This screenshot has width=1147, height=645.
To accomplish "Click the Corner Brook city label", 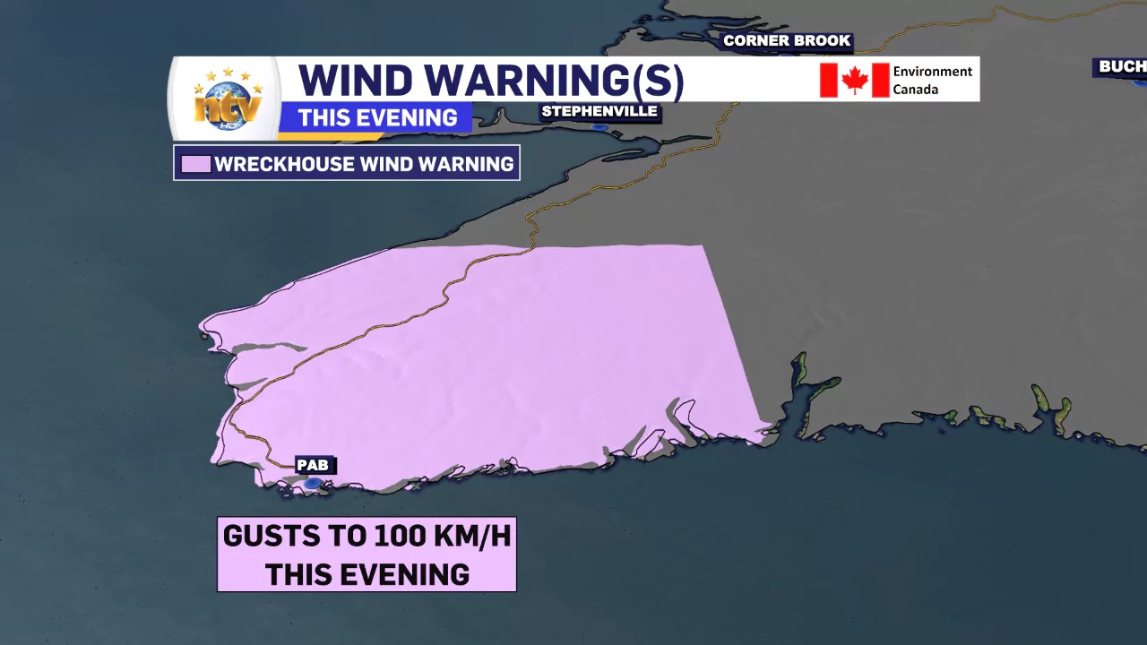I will (787, 40).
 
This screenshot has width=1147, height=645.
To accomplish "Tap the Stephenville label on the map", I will (599, 111).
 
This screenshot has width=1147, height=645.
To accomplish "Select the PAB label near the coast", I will (313, 465).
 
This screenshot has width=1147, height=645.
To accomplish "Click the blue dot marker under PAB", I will (312, 484).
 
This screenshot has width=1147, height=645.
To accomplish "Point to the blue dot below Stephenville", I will (599, 127).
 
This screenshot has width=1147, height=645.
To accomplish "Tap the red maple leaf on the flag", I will (855, 81).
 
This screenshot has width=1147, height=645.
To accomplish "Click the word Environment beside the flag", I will (932, 72).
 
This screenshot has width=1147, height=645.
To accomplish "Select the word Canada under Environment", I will (915, 90).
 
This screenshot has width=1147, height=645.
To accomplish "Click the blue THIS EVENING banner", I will (377, 117).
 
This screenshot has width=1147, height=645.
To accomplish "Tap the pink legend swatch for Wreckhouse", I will (196, 164).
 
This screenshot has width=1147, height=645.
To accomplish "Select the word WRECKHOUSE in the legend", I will (286, 164).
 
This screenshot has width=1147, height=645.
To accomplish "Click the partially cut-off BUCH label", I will (1121, 66).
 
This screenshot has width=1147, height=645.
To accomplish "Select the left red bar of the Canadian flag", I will (829, 80).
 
